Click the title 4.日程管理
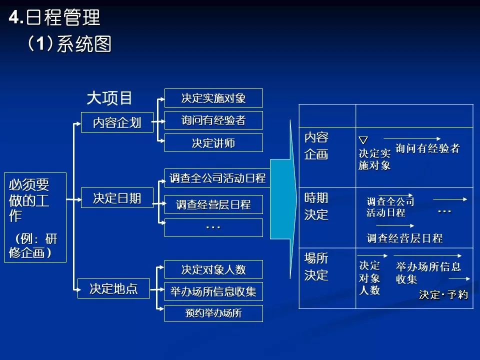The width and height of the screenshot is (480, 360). click(55, 18)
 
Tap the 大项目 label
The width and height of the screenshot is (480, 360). click(109, 98)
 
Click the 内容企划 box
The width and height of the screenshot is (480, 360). click(117, 123)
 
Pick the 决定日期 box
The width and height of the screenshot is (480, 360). click(117, 198)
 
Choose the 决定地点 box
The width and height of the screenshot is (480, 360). click(113, 288)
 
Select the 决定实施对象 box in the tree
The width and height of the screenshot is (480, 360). click(213, 98)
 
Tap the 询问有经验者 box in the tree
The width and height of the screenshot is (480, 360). click(213, 120)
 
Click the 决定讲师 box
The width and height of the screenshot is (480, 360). click(213, 143)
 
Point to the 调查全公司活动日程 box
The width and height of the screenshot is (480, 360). click(217, 178)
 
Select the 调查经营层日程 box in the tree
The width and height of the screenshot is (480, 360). click(213, 204)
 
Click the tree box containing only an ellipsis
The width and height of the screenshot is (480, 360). click(213, 227)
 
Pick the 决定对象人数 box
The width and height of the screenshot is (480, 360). click(213, 269)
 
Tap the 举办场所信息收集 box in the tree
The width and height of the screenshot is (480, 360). click(213, 292)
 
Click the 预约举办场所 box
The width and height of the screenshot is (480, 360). click(213, 313)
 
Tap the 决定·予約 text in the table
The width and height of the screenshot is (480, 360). click(443, 295)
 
